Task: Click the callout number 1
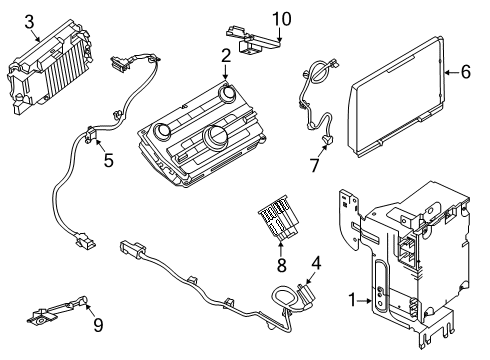352,300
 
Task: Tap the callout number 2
226,56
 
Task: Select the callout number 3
29,22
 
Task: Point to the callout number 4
316,263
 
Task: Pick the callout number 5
109,160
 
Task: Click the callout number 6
466,72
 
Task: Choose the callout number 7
315,165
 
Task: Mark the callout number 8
282,265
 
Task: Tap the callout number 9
98,325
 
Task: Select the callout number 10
282,19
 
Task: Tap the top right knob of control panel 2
228,92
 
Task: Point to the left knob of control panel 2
162,130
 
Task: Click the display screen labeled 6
396,96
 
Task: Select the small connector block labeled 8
278,218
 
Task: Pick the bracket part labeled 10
253,40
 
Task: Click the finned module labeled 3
49,67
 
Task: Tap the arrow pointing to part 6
452,72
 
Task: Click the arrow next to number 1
365,301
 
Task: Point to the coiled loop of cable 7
319,72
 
